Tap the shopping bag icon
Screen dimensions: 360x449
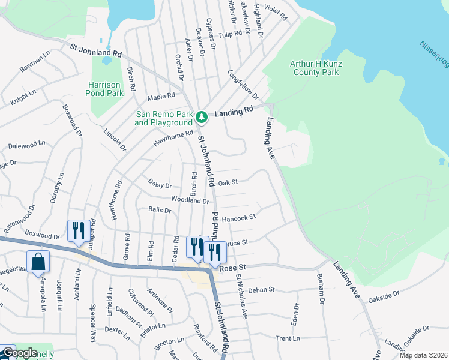click(38, 262)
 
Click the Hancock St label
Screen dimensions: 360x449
click(239, 218)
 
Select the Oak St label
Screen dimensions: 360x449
click(228, 182)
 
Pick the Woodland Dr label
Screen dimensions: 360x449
click(190, 201)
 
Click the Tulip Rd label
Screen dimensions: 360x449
click(229, 35)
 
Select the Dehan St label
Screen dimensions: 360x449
click(261, 289)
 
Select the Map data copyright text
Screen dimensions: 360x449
click(423, 355)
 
